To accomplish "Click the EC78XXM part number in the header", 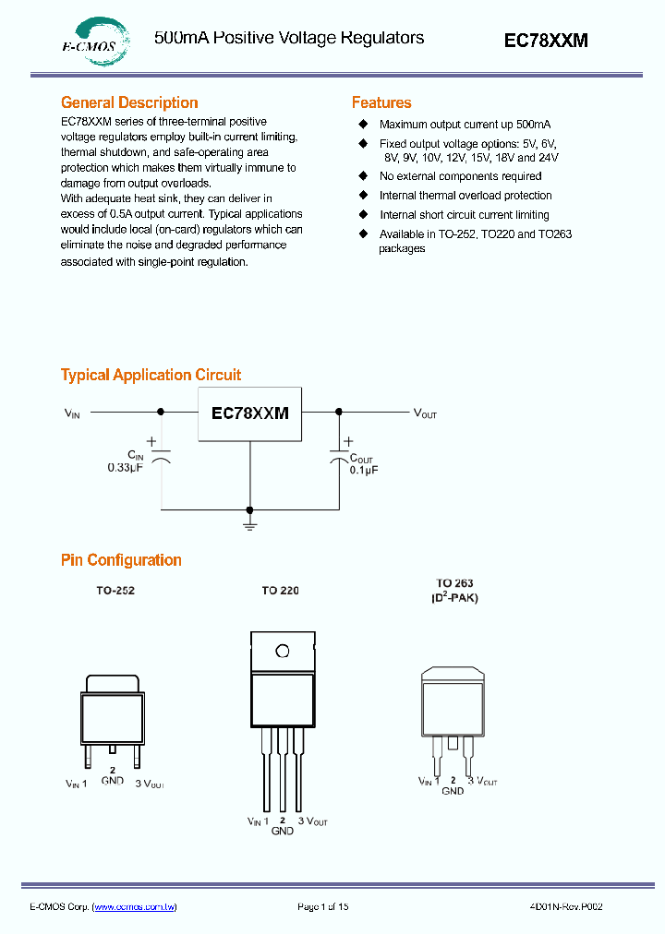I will (x=545, y=41).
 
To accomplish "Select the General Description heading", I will (x=129, y=102).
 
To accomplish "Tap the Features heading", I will (x=381, y=102).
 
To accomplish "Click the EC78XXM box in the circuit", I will (x=249, y=413).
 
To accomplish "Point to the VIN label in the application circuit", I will (x=72, y=413).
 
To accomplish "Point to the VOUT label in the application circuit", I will (x=425, y=413).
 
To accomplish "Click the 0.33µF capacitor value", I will (x=126, y=469).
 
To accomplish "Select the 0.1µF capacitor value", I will (x=364, y=470).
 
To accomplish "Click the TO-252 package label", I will (x=115, y=590).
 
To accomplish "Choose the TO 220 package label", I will (x=280, y=590).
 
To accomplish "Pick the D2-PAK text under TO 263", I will (x=455, y=597).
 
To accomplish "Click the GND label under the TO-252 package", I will (x=113, y=781).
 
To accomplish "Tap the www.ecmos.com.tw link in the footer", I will (x=135, y=907).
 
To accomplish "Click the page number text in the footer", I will (x=322, y=907).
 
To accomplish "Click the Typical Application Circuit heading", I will (x=151, y=375).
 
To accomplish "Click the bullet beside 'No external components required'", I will (x=363, y=175).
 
